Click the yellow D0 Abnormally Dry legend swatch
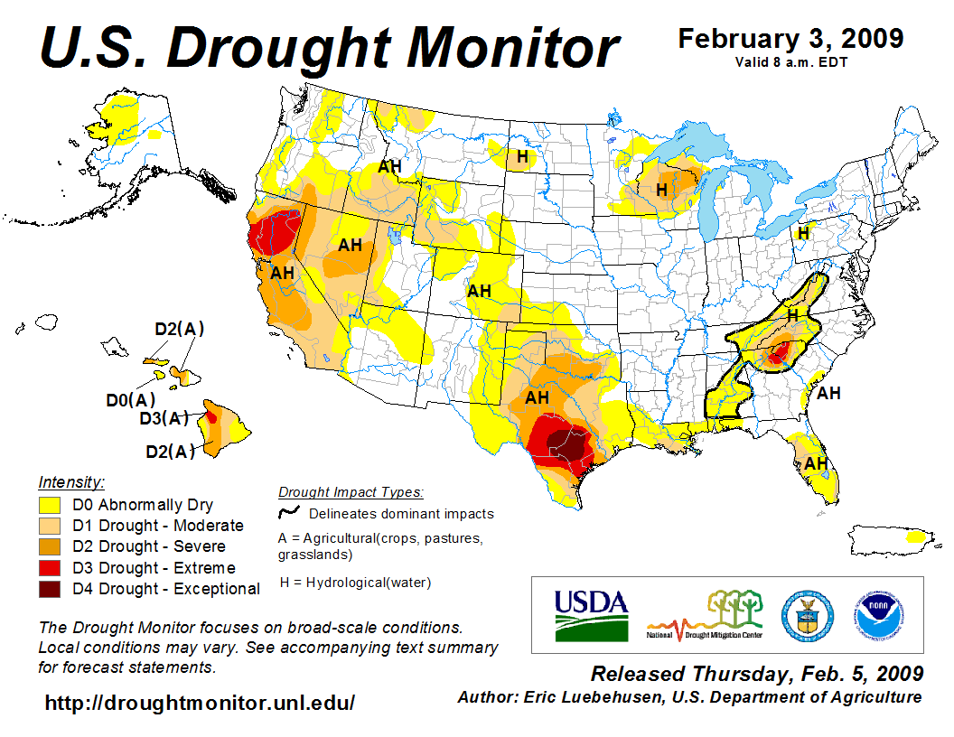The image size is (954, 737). click(x=51, y=505)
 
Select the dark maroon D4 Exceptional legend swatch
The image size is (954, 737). click(x=51, y=589)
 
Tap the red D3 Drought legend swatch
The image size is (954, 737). click(x=51, y=568)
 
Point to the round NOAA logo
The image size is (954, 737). click(x=875, y=615)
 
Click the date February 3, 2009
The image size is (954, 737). click(x=790, y=39)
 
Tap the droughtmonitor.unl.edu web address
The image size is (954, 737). click(x=200, y=703)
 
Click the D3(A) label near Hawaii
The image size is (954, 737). click(x=164, y=418)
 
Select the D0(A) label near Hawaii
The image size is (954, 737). click(x=129, y=399)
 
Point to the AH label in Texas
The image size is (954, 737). click(x=537, y=397)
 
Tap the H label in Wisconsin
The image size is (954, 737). click(x=661, y=190)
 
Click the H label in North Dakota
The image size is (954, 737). click(x=522, y=157)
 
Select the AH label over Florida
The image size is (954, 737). click(x=816, y=463)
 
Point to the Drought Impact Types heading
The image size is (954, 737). click(x=350, y=492)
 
